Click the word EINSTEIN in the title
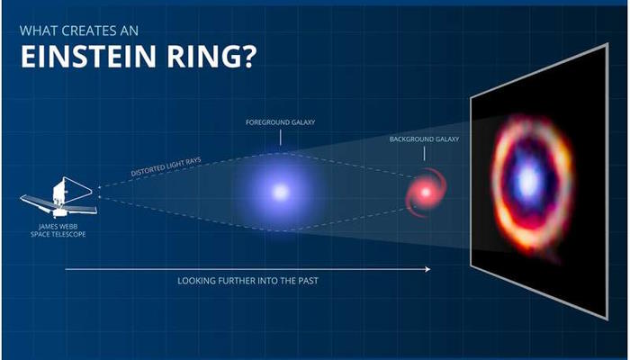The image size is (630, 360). click(x=88, y=56)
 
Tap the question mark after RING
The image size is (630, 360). click(x=249, y=56)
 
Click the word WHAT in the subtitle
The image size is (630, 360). click(x=35, y=31)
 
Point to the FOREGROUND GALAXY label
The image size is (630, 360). click(x=281, y=122)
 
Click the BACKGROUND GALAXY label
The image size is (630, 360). click(x=424, y=139)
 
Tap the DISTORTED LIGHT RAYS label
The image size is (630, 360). click(x=166, y=166)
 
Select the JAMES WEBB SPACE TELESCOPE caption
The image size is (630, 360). click(x=58, y=230)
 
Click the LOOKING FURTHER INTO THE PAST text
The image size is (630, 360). click(x=247, y=281)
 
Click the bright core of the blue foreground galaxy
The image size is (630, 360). click(x=281, y=192)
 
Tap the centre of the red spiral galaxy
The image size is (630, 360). click(x=426, y=193)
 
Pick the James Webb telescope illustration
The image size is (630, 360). click(x=58, y=197)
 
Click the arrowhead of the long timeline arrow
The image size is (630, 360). click(x=428, y=269)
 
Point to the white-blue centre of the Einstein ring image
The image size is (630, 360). click(x=528, y=182)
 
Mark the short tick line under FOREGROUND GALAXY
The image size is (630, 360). click(x=281, y=137)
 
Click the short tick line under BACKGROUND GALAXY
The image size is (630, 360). click(x=424, y=154)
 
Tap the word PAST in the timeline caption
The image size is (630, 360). click(x=308, y=281)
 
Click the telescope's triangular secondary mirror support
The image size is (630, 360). click(x=78, y=190)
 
